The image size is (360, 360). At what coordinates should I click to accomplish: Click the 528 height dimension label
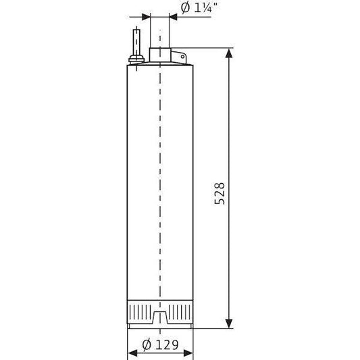click(220, 193)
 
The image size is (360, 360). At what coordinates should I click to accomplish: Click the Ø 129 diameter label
click(160, 344)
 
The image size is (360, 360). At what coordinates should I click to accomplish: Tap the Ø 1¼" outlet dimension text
click(199, 8)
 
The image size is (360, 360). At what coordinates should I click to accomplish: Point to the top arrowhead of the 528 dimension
click(229, 53)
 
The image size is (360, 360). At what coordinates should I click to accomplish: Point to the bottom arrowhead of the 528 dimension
click(229, 324)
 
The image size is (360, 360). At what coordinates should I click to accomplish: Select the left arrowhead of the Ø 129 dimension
click(132, 353)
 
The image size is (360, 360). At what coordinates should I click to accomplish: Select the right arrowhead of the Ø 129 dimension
click(188, 353)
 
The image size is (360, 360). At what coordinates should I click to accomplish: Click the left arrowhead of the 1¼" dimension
click(146, 17)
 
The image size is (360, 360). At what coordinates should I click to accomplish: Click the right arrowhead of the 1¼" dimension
click(174, 17)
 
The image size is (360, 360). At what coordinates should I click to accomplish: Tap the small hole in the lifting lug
click(182, 57)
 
